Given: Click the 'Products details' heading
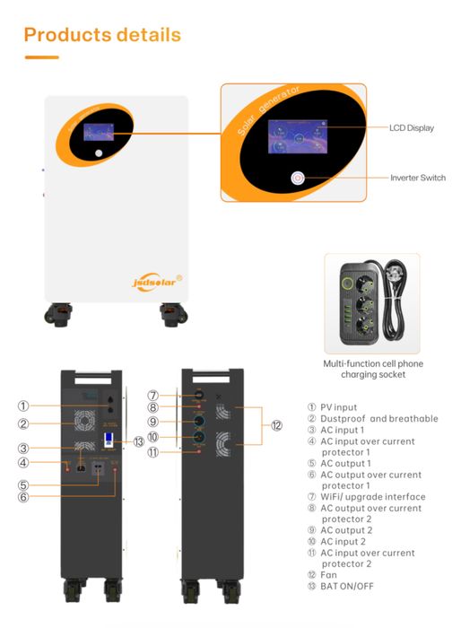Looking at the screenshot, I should pyautogui.click(x=101, y=35).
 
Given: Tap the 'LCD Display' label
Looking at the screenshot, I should pyautogui.click(x=411, y=128).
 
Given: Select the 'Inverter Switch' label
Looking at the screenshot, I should pyautogui.click(x=417, y=178).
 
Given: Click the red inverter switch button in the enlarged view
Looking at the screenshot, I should pyautogui.click(x=297, y=178).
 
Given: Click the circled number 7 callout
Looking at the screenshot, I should pyautogui.click(x=153, y=396).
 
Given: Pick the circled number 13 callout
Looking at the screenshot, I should pyautogui.click(x=138, y=440).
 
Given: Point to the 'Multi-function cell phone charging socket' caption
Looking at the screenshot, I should pyautogui.click(x=372, y=370).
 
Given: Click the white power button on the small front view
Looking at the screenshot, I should pyautogui.click(x=99, y=153).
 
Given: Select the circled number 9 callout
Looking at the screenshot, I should pyautogui.click(x=153, y=423).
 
